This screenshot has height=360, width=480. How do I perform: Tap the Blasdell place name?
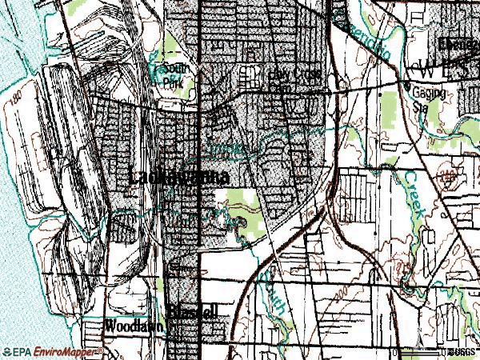click(193, 311)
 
